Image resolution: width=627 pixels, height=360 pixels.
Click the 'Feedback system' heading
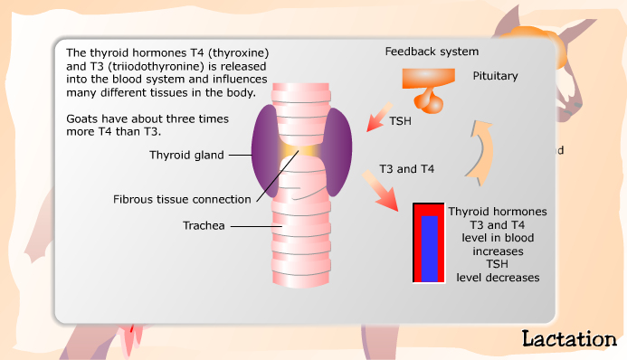[x=432, y=51]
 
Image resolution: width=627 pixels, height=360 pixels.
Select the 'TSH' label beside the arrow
[x=402, y=121]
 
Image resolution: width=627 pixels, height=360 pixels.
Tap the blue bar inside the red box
[x=429, y=248]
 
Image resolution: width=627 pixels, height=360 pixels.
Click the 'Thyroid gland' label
[x=183, y=155]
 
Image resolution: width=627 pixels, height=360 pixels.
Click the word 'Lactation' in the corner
[x=569, y=338]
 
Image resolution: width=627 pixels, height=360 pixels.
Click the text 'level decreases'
[x=498, y=277]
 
